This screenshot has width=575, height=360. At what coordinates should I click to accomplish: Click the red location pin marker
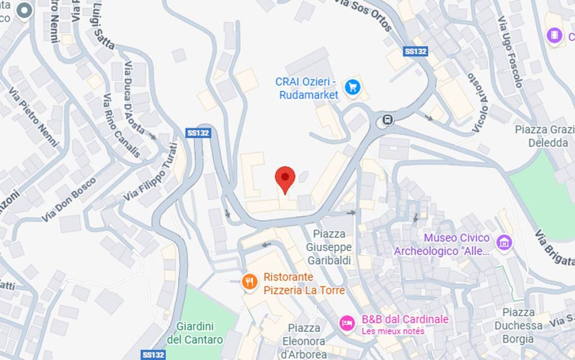[x=285, y=178]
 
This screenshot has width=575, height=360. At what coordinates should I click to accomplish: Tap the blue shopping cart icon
[x=353, y=87]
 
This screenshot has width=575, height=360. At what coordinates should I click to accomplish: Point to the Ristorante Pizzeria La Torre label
[x=296, y=283]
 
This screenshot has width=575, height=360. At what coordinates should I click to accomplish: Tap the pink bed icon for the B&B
[x=347, y=323]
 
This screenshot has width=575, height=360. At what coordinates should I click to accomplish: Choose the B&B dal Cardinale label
[x=405, y=320]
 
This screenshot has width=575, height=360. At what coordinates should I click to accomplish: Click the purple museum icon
[x=504, y=242]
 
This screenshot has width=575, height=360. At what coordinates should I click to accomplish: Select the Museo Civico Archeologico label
[x=442, y=244]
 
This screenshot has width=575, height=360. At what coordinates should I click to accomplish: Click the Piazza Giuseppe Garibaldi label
[x=329, y=247]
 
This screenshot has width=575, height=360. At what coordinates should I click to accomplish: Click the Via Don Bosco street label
[x=69, y=199]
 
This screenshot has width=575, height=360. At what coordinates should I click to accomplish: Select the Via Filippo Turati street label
[x=150, y=172]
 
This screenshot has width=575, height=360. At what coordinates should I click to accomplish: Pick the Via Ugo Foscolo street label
[x=510, y=52]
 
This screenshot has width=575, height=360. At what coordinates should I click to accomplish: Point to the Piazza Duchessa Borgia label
[x=518, y=325]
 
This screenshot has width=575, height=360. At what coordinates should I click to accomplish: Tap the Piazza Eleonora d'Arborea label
[x=304, y=341]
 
